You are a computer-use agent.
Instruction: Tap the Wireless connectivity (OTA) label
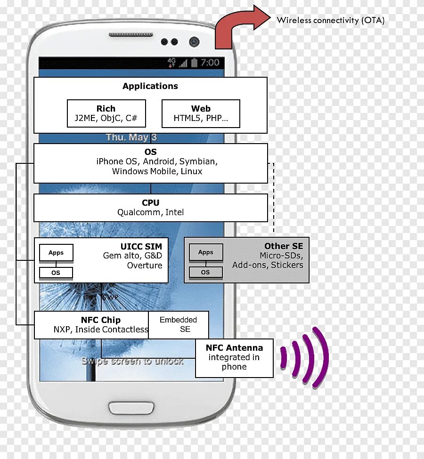pyautogui.click(x=330, y=20)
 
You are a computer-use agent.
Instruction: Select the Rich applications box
pyautogui.click(x=106, y=113)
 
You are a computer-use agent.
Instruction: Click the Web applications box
pyautogui.click(x=201, y=113)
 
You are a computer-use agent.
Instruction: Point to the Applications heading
pyautogui.click(x=150, y=86)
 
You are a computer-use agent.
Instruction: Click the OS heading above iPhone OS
pyautogui.click(x=151, y=152)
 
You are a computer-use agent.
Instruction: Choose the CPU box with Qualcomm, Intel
pyautogui.click(x=151, y=208)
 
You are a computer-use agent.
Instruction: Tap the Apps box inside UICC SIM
pyautogui.click(x=56, y=253)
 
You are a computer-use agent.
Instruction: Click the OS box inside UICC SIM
pyautogui.click(x=56, y=273)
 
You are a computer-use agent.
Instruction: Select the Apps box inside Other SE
pyautogui.click(x=206, y=252)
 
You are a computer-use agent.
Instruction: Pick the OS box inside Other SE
pyautogui.click(x=206, y=272)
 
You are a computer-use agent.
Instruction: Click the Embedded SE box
pyautogui.click(x=179, y=324)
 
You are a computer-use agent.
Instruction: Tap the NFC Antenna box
pyautogui.click(x=234, y=358)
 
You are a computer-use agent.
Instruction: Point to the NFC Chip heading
pyautogui.click(x=101, y=320)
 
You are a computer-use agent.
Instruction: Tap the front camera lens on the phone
pyautogui.click(x=194, y=42)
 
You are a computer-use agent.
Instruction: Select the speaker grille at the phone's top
pyautogui.click(x=130, y=35)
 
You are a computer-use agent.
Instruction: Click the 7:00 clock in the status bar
pyautogui.click(x=210, y=63)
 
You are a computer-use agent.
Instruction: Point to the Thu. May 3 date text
pyautogui.click(x=131, y=137)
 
